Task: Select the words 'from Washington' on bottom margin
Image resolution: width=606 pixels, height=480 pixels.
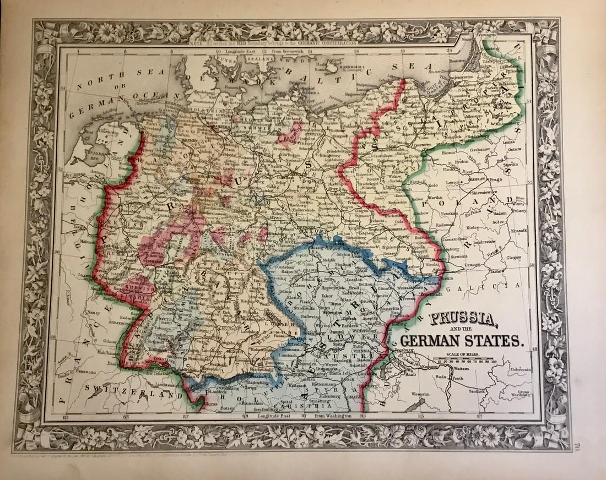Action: [332, 416]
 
